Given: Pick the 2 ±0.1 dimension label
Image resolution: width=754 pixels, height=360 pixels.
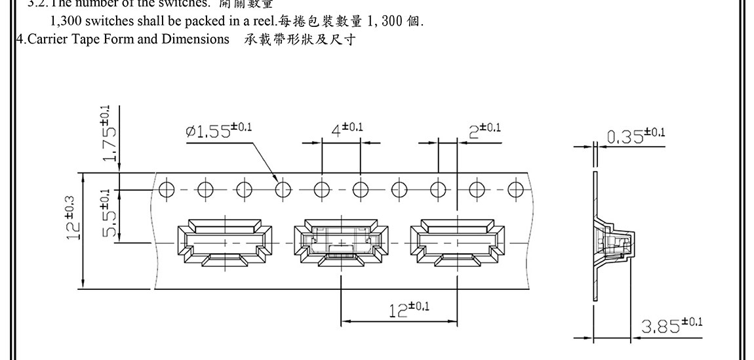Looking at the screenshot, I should pyautogui.click(x=485, y=130).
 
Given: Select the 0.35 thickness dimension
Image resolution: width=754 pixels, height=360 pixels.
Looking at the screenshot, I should pyautogui.click(x=635, y=136).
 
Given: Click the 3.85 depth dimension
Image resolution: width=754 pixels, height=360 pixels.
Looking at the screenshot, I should pyautogui.click(x=671, y=325).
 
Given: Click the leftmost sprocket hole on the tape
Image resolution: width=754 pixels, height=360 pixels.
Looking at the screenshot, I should pyautogui.click(x=167, y=190).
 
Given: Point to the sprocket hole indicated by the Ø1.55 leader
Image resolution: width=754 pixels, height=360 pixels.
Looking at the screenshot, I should pyautogui.click(x=283, y=190).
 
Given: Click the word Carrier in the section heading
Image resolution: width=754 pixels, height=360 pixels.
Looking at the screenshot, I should pyautogui.click(x=43, y=39).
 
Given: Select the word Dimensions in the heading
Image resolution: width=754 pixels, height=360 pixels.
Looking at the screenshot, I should pyautogui.click(x=196, y=39).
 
